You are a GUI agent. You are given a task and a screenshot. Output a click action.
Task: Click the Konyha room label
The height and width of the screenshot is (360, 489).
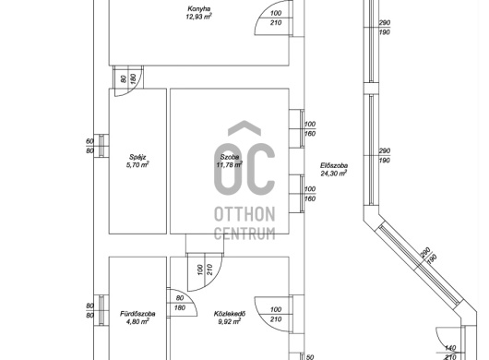pyautogui.click(x=198, y=8)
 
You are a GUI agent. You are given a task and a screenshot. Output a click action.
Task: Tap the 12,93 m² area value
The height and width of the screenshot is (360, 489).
pyautogui.click(x=198, y=17)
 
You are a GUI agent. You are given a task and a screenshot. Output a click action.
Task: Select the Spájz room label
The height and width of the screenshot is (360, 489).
pyautogui.click(x=137, y=157)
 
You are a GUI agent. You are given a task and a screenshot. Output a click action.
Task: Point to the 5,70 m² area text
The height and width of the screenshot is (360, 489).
pyautogui.click(x=137, y=165)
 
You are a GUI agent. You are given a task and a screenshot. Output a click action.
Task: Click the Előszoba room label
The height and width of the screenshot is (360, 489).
pyautogui.click(x=334, y=165)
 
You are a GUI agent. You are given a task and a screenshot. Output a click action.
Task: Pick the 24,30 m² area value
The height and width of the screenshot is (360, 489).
pyautogui.click(x=334, y=174)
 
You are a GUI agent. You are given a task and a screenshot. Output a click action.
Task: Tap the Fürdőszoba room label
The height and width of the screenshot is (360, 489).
pyautogui.click(x=137, y=314)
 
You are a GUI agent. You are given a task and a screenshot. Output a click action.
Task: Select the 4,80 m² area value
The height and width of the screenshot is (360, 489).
pyautogui.click(x=137, y=321)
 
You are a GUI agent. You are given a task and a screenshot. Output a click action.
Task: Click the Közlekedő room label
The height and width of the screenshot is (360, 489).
pyautogui.click(x=230, y=314)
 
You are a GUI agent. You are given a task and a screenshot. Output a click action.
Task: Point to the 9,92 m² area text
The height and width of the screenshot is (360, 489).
pyautogui.click(x=230, y=321)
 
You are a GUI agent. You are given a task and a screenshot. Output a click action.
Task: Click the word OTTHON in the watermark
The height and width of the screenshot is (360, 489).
pyautogui.click(x=244, y=214)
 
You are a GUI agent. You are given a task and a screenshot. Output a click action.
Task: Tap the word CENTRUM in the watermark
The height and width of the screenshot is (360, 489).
pyautogui.click(x=244, y=234)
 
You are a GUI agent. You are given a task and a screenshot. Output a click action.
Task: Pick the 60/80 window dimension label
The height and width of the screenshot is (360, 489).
pyautogui.click(x=89, y=146)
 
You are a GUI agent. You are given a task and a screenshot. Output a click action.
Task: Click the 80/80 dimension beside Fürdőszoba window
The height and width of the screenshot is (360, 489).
pyautogui.click(x=89, y=311)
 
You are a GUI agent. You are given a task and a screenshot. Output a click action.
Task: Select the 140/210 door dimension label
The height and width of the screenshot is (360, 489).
pyautogui.click(x=449, y=353)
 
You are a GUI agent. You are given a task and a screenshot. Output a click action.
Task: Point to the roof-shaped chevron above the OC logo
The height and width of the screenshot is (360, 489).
pyautogui.click(x=244, y=128)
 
